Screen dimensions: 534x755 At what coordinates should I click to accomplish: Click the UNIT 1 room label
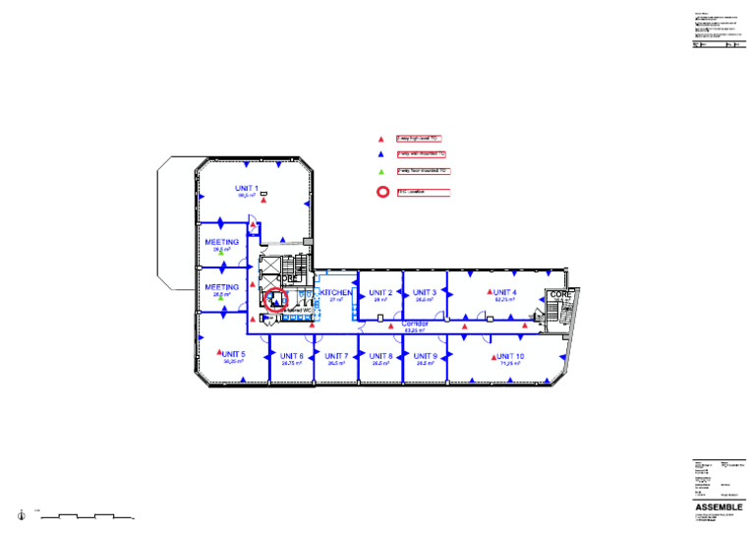pos(247,188)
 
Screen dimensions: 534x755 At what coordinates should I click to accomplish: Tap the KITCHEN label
pos(335,293)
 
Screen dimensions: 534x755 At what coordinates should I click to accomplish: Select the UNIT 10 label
pos(510,356)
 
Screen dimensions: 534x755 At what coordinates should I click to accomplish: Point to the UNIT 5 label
pos(233,354)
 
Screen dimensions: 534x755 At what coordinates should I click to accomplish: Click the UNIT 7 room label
pos(336,356)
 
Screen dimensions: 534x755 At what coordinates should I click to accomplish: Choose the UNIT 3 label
pos(425,293)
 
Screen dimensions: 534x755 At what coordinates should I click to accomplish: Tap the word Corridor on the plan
pos(417,324)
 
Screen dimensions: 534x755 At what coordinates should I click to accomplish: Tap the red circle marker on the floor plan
pos(275,300)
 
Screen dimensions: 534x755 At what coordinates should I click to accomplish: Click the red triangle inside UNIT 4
pos(488,292)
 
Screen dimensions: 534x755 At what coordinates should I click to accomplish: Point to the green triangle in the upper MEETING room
pos(221,257)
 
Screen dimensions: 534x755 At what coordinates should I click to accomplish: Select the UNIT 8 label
pos(381,356)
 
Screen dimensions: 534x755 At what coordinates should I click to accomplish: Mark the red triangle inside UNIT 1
pos(263,201)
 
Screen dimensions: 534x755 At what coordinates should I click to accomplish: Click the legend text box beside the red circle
pos(423,192)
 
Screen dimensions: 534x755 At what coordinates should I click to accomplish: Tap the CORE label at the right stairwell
pos(560,294)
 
